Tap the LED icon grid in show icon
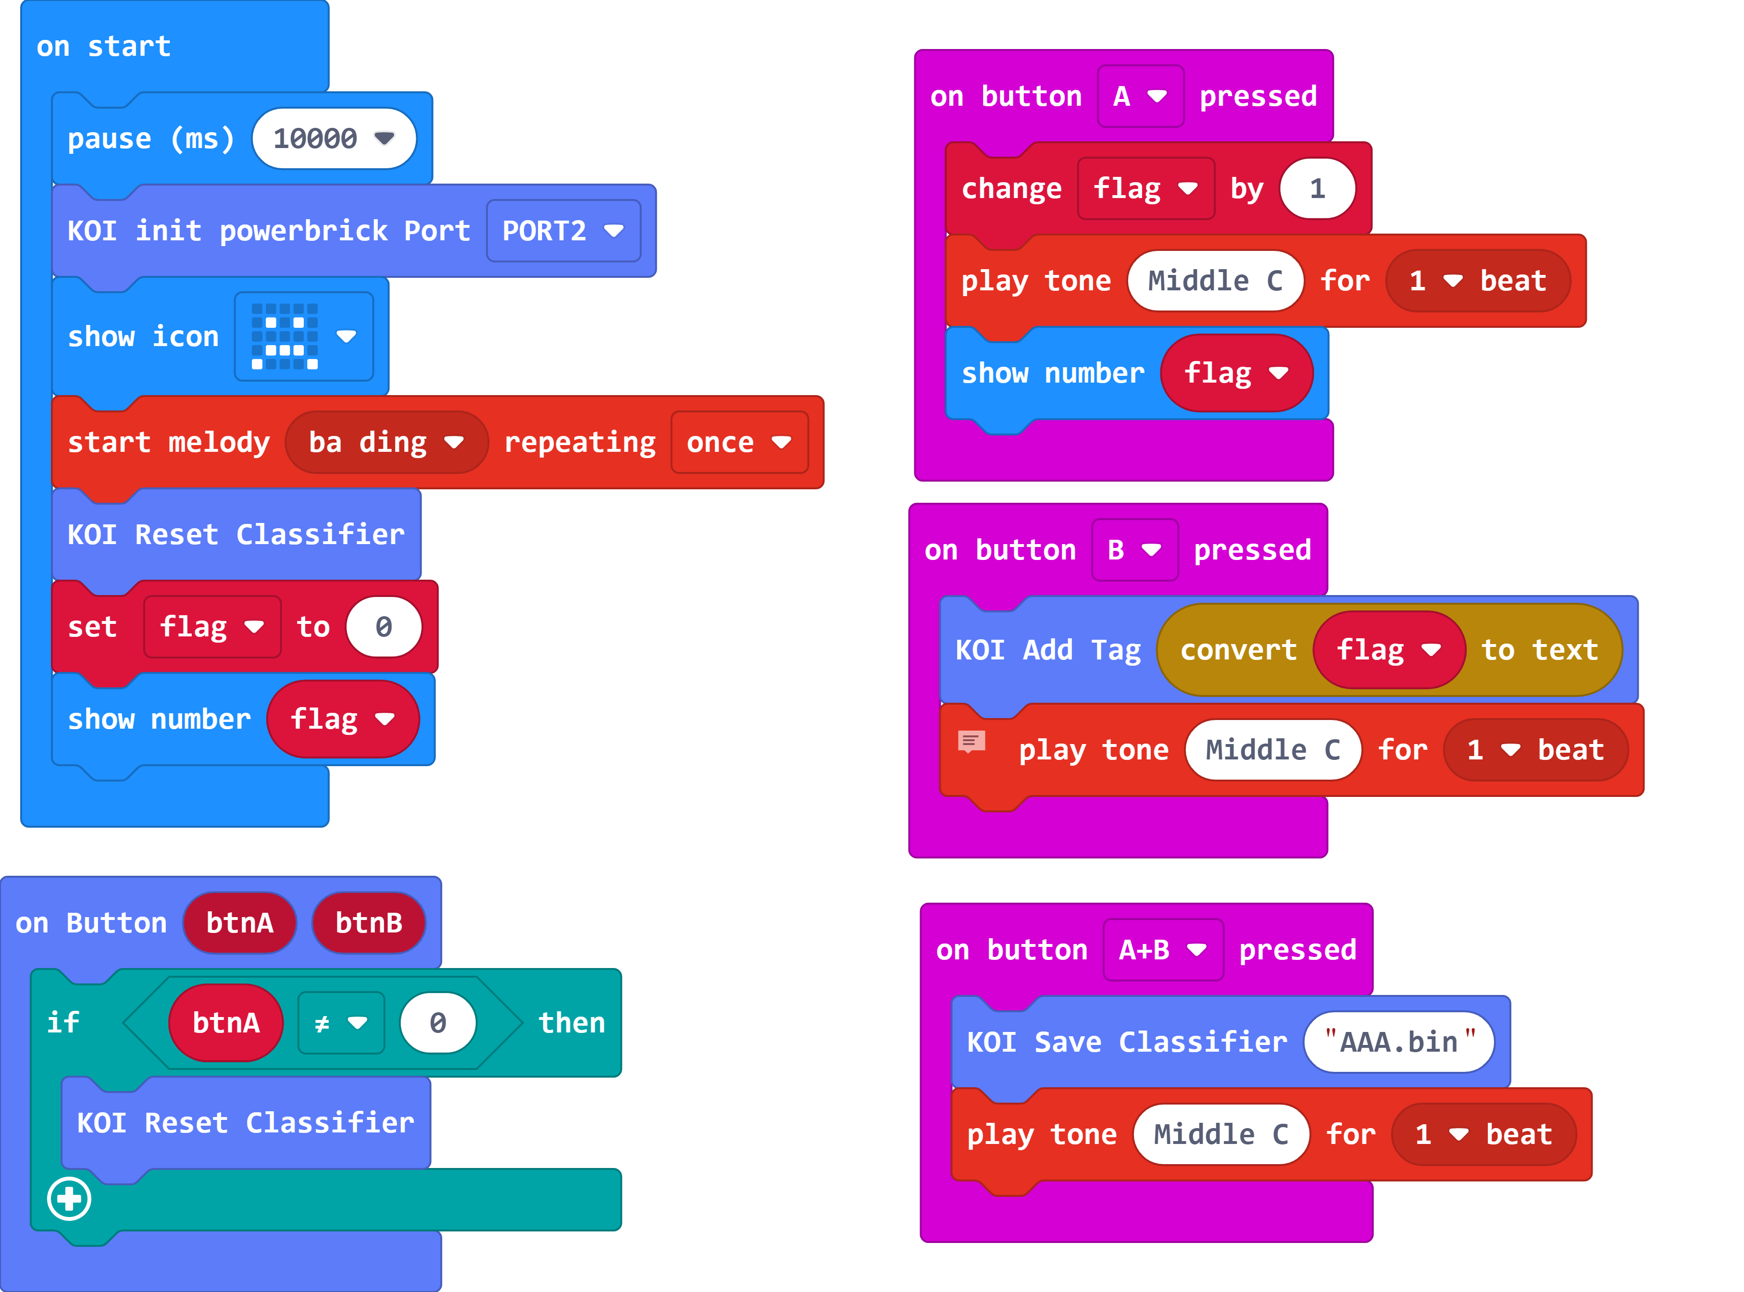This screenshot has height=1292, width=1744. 285,336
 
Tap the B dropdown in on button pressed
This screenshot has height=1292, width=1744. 1134,550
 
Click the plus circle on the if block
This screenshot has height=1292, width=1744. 69,1199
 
